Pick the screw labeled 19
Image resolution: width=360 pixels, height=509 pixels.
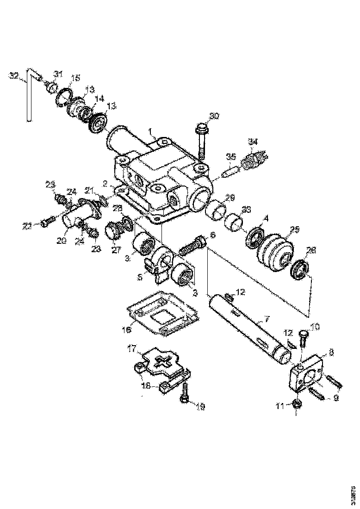[185, 393]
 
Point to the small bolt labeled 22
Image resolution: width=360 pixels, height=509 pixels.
[44, 223]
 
